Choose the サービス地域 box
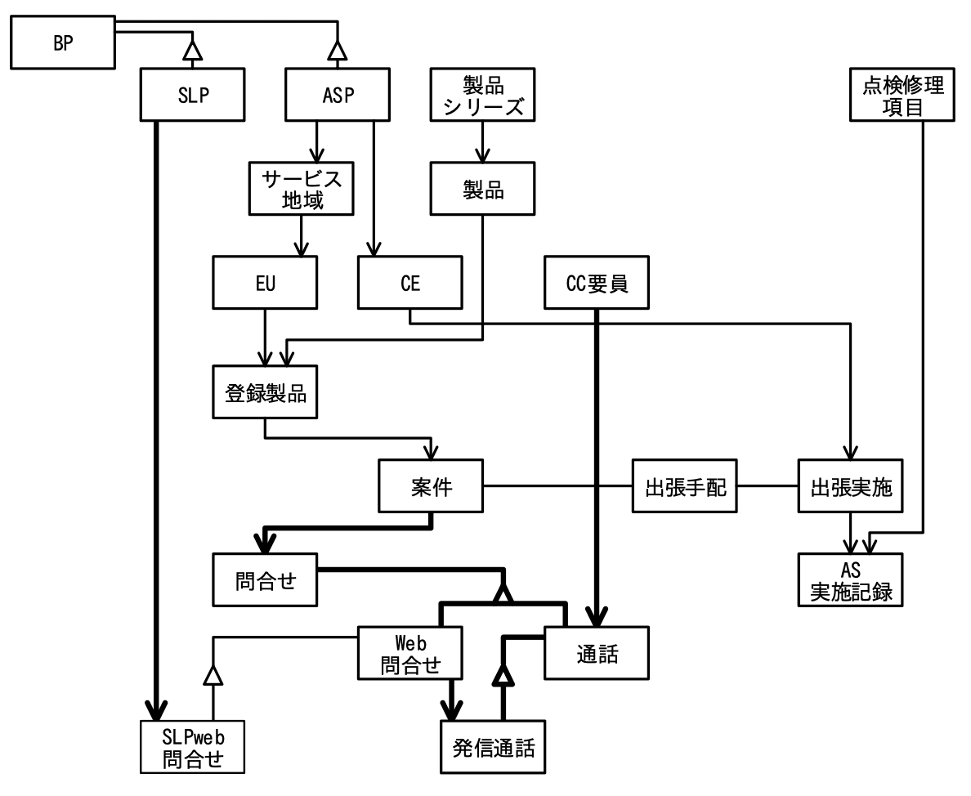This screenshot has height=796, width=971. click(302, 188)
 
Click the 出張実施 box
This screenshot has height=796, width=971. click(850, 488)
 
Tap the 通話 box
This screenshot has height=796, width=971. click(597, 653)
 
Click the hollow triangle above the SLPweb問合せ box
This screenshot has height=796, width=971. click(213, 676)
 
